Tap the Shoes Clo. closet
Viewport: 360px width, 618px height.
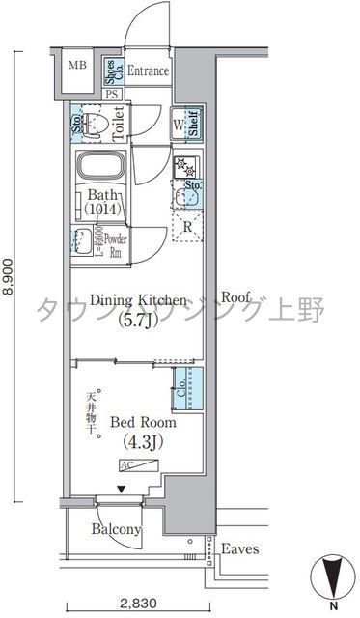113,71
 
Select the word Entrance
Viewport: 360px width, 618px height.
148,71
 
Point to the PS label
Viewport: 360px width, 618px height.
113,94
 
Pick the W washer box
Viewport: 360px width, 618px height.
179,125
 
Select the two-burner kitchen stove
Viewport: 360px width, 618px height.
185,166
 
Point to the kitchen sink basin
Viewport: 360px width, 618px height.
187,194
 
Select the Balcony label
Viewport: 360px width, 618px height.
117,530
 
